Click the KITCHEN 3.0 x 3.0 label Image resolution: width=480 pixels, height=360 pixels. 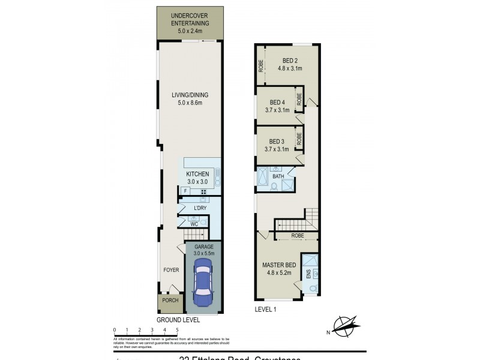[x=197, y=178]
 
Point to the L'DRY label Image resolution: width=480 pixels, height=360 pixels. [x=200, y=208]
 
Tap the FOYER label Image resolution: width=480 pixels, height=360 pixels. [x=171, y=270]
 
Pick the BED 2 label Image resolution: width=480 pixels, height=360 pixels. [x=290, y=64]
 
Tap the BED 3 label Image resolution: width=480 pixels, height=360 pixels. [x=277, y=145]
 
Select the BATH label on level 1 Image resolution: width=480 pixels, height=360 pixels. [x=278, y=177]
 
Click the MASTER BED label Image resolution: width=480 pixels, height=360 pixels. [x=277, y=268]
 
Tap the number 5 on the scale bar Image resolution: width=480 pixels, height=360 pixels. [x=177, y=330]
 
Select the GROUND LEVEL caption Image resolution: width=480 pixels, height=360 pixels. [x=178, y=320]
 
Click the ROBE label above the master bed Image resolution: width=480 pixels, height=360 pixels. [x=298, y=236]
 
